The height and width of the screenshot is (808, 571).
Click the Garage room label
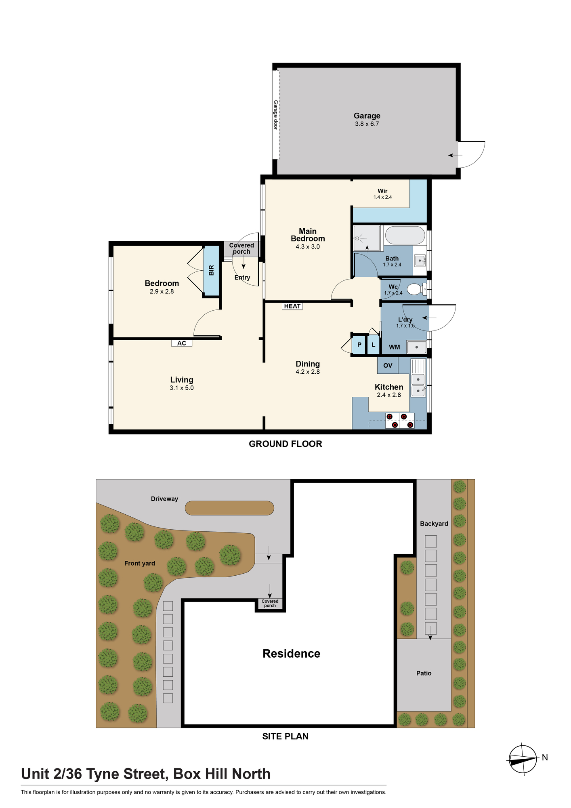pos(367,116)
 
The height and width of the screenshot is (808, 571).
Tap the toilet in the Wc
pos(416,289)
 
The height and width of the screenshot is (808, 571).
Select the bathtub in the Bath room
pos(405,235)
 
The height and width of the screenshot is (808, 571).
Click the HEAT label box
pos(292,306)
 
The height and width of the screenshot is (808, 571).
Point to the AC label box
pos(182,343)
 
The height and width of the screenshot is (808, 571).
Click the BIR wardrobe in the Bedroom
pos(211,271)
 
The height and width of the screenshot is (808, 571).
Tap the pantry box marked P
pos(359,345)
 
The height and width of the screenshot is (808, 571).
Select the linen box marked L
pos(374,345)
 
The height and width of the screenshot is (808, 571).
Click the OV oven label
pos(388,365)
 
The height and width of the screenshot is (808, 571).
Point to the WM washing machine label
pos(395,347)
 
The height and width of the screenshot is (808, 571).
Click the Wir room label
pos(382,191)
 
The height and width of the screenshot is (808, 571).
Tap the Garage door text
pos(276,115)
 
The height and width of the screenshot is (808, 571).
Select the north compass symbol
pos(523,759)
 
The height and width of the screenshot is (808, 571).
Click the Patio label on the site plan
pos(424,673)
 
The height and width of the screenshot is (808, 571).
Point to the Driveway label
pos(164,499)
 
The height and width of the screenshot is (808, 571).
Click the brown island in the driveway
pos(229,508)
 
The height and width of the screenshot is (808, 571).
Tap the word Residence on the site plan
pos(291,654)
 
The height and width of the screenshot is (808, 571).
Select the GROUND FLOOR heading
pos(285,444)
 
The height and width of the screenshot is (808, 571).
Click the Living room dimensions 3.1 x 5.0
pos(182,388)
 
